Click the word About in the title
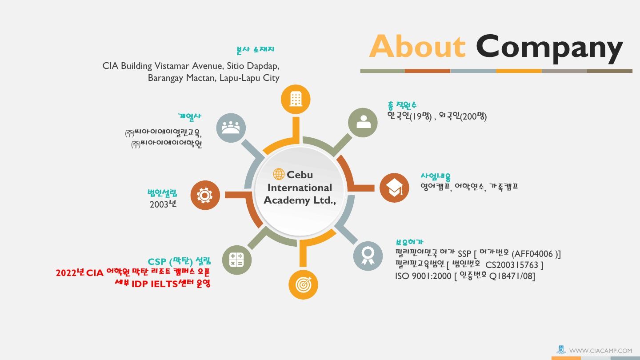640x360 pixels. coord(417,46)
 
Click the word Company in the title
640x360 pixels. coord(549,48)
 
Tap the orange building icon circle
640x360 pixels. coord(296,99)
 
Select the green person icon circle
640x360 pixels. coord(363,123)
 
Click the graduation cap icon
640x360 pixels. coord(394,188)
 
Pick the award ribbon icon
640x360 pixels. coord(368,256)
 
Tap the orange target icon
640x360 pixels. coord(303,284)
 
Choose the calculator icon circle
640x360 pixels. coord(237,260)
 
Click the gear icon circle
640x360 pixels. coord(205,195)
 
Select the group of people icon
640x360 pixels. coord(231,128)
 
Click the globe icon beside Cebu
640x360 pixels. coord(279,174)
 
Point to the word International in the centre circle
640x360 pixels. coord(300,188)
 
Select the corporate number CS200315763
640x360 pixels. coord(512,265)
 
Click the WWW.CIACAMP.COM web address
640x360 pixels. coord(600,351)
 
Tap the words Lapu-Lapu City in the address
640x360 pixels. coord(249,78)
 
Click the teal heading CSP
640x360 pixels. coord(157,261)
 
